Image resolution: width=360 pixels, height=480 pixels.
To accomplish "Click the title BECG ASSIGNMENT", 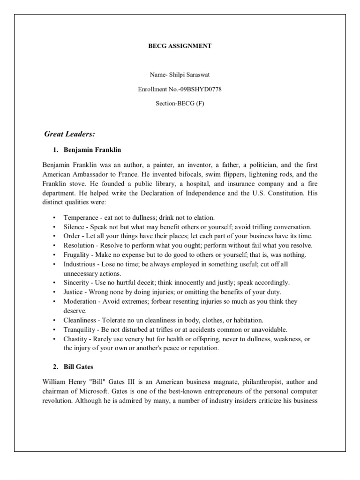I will point(180,46).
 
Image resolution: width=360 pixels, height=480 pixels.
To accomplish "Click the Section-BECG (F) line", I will point(180,104).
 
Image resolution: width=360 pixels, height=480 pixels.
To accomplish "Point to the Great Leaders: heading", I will point(69,135).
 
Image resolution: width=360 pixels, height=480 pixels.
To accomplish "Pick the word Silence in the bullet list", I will point(75,227).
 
